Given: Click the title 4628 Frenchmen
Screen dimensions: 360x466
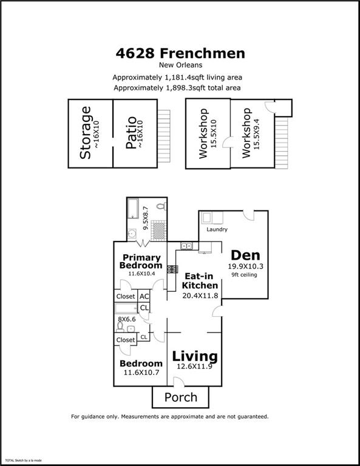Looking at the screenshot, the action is click(x=180, y=53).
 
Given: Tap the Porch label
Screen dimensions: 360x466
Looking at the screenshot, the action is click(x=181, y=397).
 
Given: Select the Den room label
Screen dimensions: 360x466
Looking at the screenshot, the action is click(x=245, y=255).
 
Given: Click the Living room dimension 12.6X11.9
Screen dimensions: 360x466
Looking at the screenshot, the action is click(x=194, y=366).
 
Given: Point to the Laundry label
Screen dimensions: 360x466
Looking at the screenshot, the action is click(x=217, y=229).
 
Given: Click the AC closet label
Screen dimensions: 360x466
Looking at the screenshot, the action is click(x=144, y=296).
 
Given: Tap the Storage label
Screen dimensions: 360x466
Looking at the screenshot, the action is click(x=86, y=133).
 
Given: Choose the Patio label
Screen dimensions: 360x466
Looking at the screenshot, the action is click(x=131, y=133).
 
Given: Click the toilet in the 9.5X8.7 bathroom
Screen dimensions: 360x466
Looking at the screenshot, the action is click(x=161, y=206).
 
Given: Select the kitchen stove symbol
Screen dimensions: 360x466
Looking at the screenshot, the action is click(x=172, y=269).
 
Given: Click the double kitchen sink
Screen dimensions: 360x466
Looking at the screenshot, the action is click(x=186, y=246).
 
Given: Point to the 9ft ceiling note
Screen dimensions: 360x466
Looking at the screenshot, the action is click(x=245, y=275).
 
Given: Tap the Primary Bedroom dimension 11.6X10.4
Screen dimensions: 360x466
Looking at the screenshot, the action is click(x=141, y=274).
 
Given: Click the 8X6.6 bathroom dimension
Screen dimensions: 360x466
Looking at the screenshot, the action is click(x=127, y=319).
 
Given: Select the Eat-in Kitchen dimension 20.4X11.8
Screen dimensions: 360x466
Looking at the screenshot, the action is click(x=200, y=295).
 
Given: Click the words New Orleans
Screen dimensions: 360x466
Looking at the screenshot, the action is click(x=180, y=65).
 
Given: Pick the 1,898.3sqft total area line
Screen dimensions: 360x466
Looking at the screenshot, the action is click(x=177, y=88).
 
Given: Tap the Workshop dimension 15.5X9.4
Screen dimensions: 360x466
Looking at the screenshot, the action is click(x=256, y=134).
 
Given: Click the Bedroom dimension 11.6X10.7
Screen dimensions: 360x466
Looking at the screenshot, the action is click(x=141, y=373).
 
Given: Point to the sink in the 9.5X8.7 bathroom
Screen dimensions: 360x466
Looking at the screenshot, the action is click(x=132, y=234).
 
